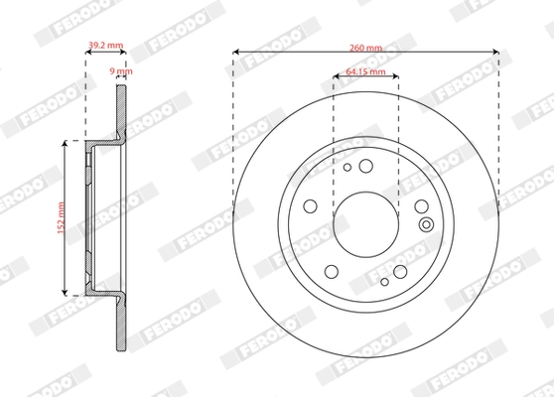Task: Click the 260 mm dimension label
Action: (365, 45)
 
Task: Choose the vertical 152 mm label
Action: (60, 218)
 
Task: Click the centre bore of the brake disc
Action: (365, 219)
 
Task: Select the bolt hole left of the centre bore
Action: (311, 207)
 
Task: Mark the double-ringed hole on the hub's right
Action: (427, 223)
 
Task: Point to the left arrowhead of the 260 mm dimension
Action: (236, 52)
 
